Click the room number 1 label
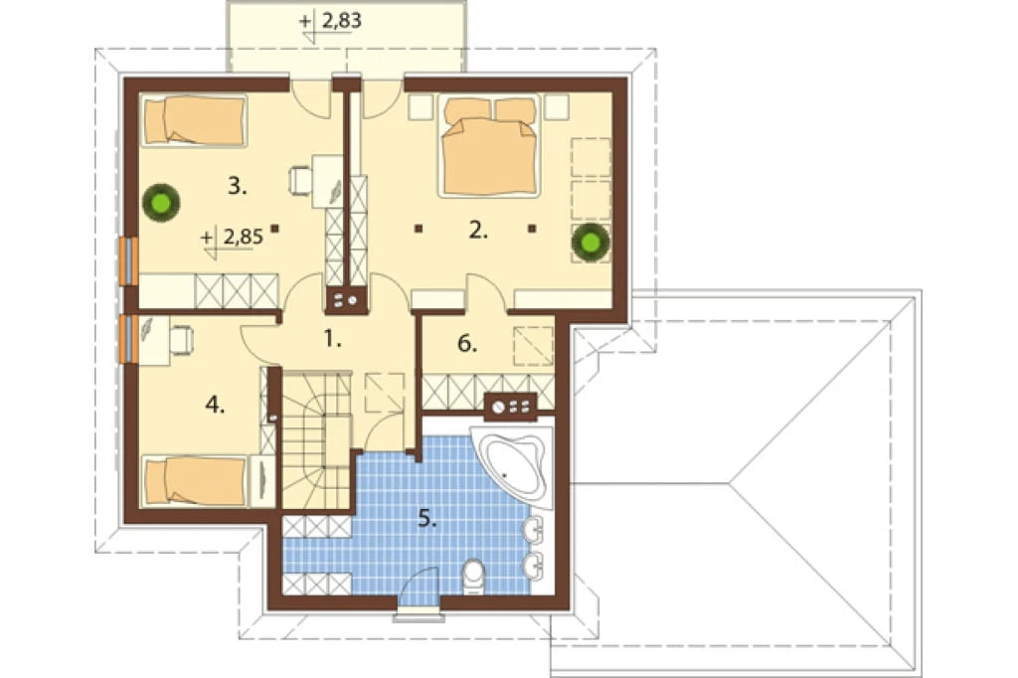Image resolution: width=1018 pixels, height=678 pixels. point(332,338)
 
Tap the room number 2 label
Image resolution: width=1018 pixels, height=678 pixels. point(478,230)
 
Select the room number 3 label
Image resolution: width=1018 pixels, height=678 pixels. point(237,186)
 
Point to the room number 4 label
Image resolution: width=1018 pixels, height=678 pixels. point(215,406)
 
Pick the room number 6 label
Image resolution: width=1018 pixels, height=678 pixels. point(467,343)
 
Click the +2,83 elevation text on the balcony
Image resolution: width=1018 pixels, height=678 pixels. point(330,22)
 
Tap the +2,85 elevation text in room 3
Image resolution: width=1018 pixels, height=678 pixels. point(233,237)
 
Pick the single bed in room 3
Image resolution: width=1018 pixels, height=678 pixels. point(194,121)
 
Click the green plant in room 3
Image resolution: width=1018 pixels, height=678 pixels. point(161,203)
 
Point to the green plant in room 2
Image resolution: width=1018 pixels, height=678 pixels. point(591,243)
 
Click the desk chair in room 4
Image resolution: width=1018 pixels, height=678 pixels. point(181,340)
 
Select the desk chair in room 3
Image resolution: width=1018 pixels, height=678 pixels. point(300,180)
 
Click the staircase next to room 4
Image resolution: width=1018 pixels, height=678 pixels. point(317,441)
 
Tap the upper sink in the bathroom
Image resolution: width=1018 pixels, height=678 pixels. point(534,531)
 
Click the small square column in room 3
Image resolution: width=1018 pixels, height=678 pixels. point(274,228)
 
